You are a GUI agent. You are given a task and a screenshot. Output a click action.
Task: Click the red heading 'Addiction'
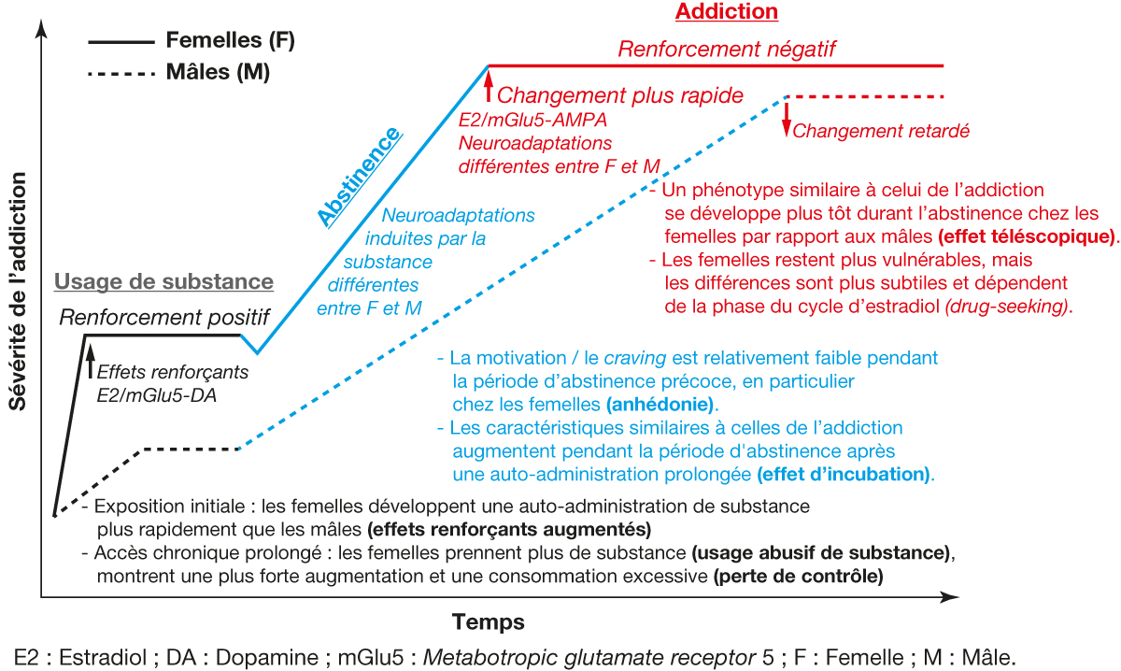tap(726, 12)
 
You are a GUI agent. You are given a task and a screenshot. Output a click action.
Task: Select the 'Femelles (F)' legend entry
tap(230, 41)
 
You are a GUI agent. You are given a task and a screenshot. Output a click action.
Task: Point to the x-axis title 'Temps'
tap(488, 621)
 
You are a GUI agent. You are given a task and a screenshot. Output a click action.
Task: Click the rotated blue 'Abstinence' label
tap(360, 177)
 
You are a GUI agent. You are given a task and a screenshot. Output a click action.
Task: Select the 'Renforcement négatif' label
tap(726, 49)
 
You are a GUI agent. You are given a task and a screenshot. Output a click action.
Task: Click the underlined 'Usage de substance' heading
tap(163, 281)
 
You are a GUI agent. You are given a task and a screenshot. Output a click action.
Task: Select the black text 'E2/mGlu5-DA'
tap(150, 394)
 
